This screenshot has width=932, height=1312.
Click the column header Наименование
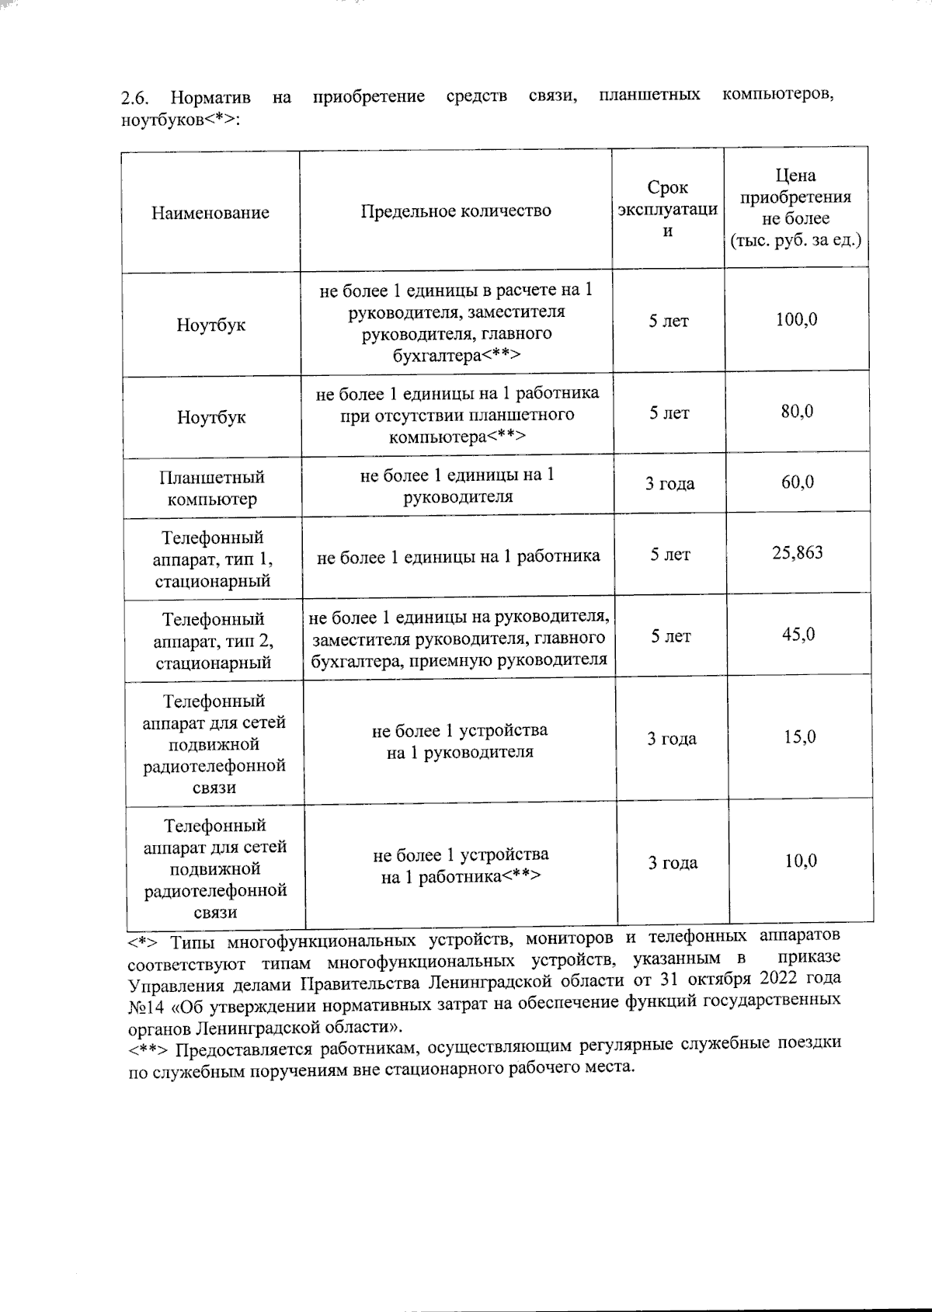(x=210, y=213)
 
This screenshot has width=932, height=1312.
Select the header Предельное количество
(x=456, y=211)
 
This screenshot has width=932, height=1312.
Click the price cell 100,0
(x=797, y=319)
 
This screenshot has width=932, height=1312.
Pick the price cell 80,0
(x=798, y=412)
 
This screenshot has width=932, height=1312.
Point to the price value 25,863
(x=798, y=553)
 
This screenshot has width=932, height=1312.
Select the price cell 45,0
(x=798, y=635)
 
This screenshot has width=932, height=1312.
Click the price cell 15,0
(x=799, y=736)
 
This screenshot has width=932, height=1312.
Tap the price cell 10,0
(x=800, y=861)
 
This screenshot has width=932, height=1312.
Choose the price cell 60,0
(x=798, y=482)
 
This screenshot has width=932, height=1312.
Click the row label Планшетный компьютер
(x=212, y=488)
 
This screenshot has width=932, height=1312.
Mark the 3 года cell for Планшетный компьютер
(x=670, y=484)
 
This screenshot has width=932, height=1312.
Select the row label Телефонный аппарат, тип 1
(x=213, y=559)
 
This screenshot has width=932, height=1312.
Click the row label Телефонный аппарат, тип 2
(x=214, y=641)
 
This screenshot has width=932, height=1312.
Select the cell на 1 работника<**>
(x=461, y=877)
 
